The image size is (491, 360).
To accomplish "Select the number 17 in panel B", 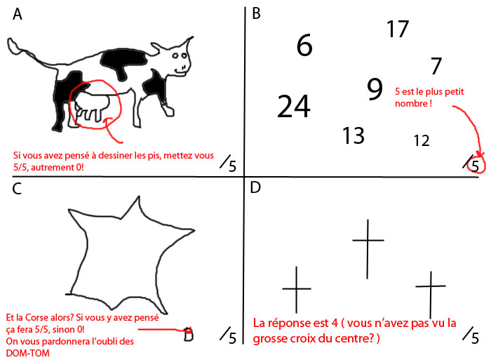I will pos(398,29).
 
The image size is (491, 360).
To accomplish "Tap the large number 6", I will pos(304,46).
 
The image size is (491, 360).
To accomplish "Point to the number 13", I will pos(354,135).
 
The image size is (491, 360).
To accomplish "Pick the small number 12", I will pos(421,141).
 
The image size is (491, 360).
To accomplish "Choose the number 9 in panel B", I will pos(375,89).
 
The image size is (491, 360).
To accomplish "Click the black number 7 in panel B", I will pos(436,67).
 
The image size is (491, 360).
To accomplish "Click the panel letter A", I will pos(18,15).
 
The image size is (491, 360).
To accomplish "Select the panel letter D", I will pos(256,188).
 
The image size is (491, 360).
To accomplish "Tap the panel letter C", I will pos(17,188).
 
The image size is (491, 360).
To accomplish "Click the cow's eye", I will pos(184,55).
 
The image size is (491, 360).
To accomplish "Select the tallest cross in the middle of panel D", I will pos(368,246).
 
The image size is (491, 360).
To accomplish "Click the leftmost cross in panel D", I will pos(296,288).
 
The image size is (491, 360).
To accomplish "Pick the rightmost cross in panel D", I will pos(431,295).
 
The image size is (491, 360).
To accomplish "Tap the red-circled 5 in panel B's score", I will pos(476,166).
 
